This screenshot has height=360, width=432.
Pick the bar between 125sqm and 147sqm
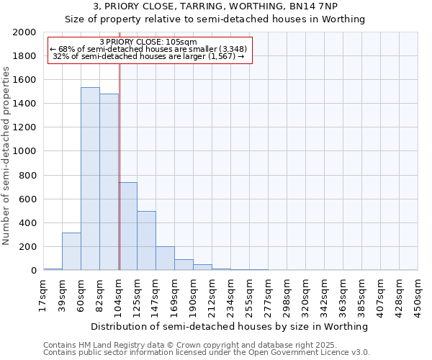(146, 240)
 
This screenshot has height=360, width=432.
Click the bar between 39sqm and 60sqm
(71, 251)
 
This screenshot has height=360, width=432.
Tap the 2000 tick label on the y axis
(24, 32)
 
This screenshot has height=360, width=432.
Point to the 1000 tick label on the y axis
(24, 152)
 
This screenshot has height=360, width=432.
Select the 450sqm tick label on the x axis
(418, 296)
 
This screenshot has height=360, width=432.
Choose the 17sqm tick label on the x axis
(44, 294)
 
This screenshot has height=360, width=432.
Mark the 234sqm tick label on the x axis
(231, 296)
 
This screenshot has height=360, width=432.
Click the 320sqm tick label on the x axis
(306, 296)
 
